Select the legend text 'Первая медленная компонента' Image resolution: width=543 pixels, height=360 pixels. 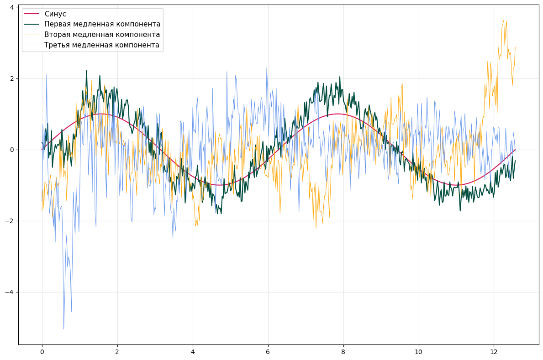coord(102,24)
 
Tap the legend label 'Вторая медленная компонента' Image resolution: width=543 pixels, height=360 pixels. coord(102,35)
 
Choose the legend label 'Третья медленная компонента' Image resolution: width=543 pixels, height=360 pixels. coord(101,45)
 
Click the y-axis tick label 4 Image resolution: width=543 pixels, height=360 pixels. coord(13,7)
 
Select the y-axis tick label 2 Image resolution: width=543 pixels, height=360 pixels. coord(13,78)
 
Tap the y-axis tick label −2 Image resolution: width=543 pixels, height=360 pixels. coord(11,221)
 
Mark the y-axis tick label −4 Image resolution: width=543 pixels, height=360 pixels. coord(11,292)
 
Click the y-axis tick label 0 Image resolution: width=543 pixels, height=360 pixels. coord(13,150)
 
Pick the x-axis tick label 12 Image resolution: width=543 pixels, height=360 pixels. coord(493,352)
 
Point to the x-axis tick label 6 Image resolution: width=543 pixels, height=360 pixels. coord(268,352)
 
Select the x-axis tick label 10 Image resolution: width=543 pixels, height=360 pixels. coord(418,352)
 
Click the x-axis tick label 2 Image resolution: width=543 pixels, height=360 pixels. coord(117,352)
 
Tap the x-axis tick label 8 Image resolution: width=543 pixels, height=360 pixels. coord(343,352)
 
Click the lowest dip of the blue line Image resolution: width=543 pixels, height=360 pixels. coord(63,329)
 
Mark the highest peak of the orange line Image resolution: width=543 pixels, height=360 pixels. coord(504,20)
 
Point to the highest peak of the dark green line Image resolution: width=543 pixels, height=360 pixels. coord(86,70)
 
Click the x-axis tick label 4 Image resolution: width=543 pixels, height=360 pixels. coord(193,352)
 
